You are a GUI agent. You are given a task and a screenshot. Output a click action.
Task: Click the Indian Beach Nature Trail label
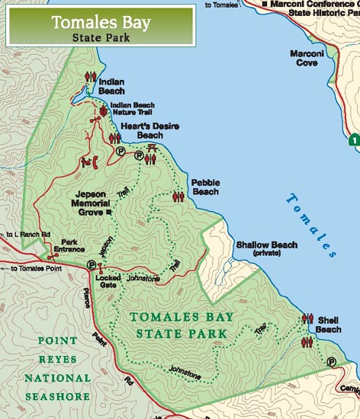[133, 110]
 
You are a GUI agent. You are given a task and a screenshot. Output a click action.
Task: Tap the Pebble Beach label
[205, 187]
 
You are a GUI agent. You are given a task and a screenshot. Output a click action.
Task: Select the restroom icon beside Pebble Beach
[180, 196]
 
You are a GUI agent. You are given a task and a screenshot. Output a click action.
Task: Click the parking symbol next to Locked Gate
[92, 265]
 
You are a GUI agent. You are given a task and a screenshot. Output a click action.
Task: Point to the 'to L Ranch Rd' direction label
[27, 234]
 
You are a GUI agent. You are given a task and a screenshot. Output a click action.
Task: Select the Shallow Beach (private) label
[266, 248]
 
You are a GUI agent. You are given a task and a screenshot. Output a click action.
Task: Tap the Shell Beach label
[328, 325]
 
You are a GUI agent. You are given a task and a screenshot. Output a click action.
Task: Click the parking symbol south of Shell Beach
[331, 362]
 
